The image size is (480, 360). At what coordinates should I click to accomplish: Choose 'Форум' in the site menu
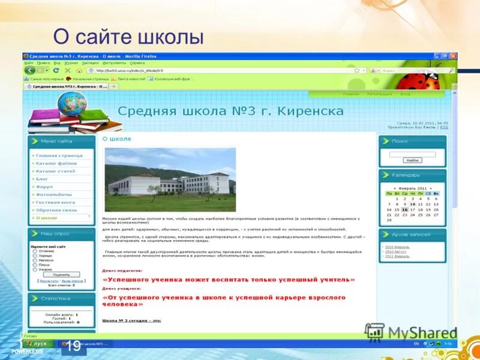pyautogui.click(x=44, y=187)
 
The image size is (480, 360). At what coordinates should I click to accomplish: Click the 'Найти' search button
pyautogui.click(x=412, y=161)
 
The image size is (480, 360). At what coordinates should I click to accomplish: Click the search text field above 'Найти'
pyautogui.click(x=412, y=154)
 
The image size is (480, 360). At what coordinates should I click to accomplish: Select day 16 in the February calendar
pyautogui.click(x=404, y=209)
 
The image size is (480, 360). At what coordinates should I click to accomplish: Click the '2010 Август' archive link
pyautogui.click(x=397, y=251)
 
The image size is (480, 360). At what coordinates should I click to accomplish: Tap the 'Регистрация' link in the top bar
pyautogui.click(x=379, y=94)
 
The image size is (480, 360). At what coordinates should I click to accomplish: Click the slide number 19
pyautogui.click(x=73, y=346)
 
